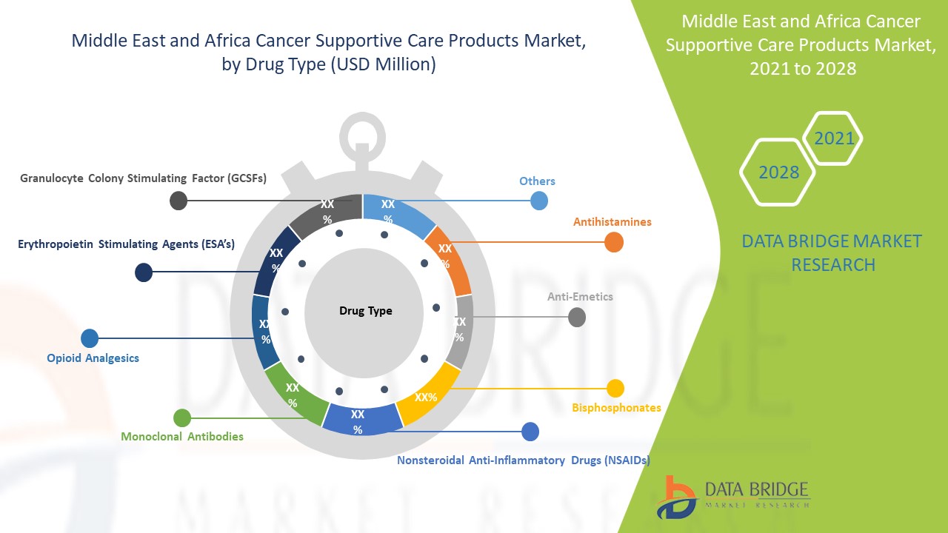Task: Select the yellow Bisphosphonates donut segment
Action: (425, 395)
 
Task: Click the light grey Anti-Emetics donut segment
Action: (461, 329)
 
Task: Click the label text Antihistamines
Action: (612, 221)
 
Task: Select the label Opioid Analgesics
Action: (93, 358)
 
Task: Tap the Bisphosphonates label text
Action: (616, 407)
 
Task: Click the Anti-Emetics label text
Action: (580, 297)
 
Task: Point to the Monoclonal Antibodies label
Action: (182, 437)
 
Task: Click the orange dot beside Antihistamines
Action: (614, 242)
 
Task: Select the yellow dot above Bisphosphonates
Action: (615, 388)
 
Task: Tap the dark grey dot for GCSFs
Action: (178, 200)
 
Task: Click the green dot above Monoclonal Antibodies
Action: (181, 418)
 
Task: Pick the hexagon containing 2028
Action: (778, 172)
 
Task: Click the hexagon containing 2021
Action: (833, 138)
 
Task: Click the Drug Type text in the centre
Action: (365, 311)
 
